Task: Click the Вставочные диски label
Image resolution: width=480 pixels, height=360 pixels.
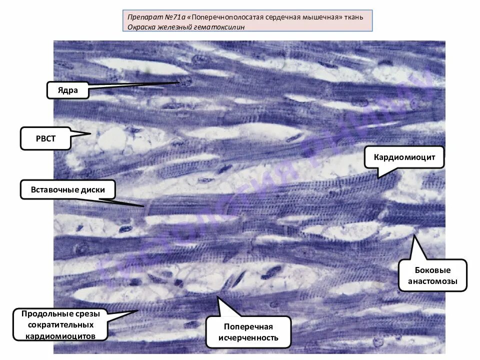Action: point(68,190)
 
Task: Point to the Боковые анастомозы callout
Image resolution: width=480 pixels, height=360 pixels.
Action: point(432,274)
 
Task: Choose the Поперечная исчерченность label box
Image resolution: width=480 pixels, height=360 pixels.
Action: point(248,332)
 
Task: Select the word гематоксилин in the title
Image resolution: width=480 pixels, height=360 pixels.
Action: point(220,27)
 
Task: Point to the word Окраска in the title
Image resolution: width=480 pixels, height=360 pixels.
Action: point(142,27)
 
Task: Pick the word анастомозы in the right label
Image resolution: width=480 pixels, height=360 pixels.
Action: point(432,281)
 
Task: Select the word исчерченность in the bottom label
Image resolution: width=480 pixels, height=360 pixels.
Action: point(248,337)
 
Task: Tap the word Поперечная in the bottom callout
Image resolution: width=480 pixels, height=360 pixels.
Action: point(248,326)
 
